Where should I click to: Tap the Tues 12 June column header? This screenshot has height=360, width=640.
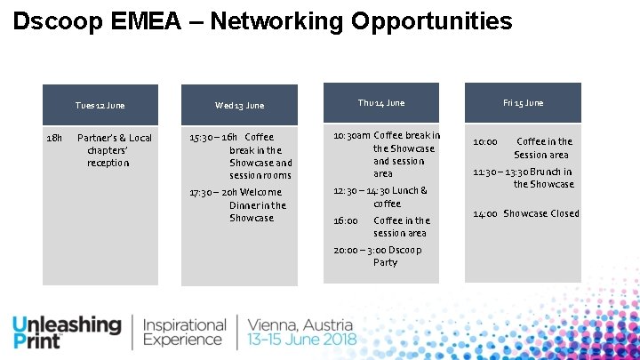[x=100, y=106]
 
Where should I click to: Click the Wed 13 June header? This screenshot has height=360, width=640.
[x=239, y=106]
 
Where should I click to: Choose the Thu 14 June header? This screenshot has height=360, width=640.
[x=380, y=103]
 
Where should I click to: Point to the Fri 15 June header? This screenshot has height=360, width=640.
[x=523, y=103]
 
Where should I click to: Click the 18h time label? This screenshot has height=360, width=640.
[x=53, y=138]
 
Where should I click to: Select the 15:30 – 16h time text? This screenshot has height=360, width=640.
[x=214, y=138]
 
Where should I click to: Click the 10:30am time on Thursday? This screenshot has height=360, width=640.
[x=352, y=136]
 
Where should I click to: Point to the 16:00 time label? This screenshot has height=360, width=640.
[x=346, y=220]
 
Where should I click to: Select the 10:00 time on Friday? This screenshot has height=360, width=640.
[x=485, y=141]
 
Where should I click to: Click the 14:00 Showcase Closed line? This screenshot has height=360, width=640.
[x=525, y=213]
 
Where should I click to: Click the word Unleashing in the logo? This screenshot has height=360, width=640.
[x=67, y=325]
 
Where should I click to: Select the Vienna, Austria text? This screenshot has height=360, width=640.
[x=300, y=325]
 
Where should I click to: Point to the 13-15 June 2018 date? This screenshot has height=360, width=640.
[x=302, y=340]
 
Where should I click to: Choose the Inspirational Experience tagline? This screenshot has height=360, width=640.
[x=185, y=332]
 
